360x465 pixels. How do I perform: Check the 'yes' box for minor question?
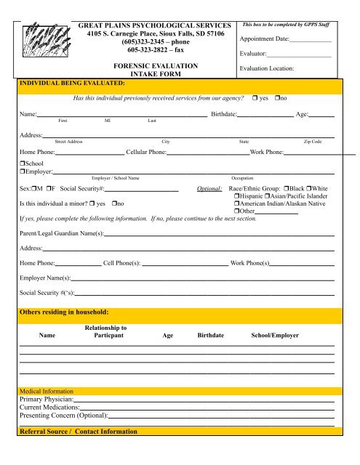pos(92,204)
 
